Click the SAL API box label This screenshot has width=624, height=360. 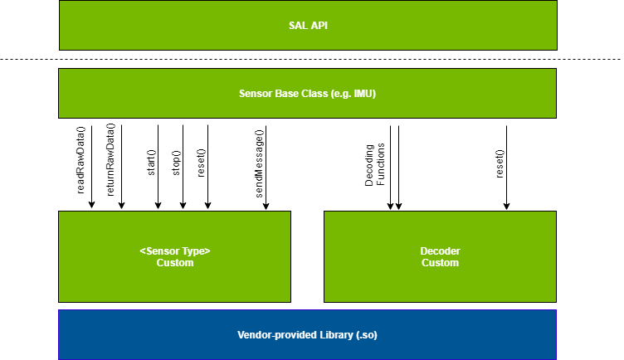tap(307, 25)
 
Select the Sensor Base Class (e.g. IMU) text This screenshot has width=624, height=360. tap(307, 94)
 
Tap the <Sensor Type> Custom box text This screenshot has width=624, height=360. tap(174, 256)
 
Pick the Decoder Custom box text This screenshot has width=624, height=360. tap(440, 256)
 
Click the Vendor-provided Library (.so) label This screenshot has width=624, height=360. tap(307, 335)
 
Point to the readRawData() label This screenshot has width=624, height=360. tap(81, 159)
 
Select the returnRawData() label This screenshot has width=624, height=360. tap(111, 159)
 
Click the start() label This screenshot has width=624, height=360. tap(151, 162)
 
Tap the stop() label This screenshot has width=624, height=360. tap(175, 162)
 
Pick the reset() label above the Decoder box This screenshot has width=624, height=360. tap(500, 162)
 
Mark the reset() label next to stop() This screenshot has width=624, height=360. tap(200, 162)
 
